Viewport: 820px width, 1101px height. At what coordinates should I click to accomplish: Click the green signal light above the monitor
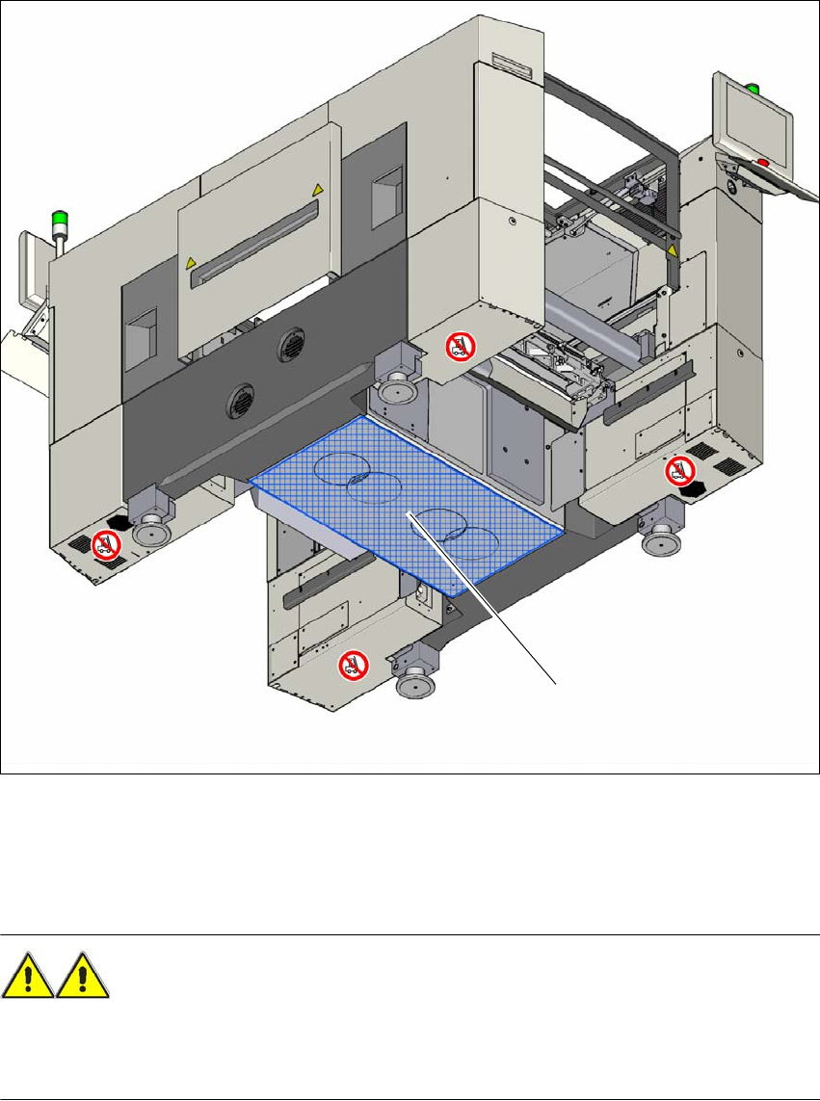coord(754,90)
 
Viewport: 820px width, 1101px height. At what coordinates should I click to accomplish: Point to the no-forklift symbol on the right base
coord(679,470)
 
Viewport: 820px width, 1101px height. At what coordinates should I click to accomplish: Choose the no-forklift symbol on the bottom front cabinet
coord(353,664)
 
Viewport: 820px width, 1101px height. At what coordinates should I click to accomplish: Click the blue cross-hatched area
coord(405,501)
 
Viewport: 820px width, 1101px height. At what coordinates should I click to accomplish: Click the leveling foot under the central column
coord(394,391)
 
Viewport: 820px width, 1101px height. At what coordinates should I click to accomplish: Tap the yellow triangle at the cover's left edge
coord(191,261)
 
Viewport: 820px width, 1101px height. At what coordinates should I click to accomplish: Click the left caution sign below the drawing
coord(27,978)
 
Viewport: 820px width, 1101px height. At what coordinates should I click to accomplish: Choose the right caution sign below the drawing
coord(83,978)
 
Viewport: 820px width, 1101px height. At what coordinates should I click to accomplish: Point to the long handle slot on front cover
coord(255,245)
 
